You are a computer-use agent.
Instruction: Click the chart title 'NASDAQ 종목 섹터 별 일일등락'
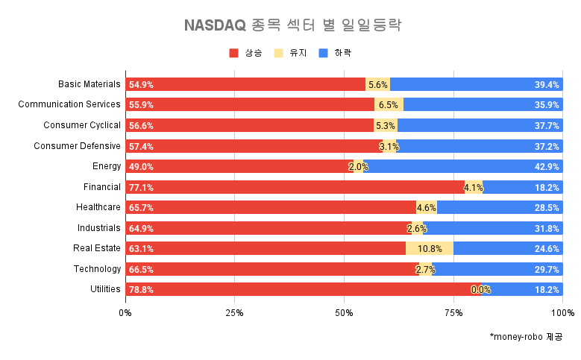pos(292,25)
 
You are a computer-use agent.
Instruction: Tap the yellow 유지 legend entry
pos(289,53)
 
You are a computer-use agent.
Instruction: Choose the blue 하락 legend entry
pos(333,53)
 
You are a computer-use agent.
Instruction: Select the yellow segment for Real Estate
pos(430,248)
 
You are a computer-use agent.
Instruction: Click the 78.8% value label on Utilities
pos(141,290)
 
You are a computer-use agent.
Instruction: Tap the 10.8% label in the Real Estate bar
pos(430,249)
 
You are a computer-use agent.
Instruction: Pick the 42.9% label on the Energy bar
pos(547,167)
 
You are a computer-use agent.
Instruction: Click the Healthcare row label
pos(98,207)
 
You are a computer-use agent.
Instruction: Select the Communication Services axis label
pos(69,104)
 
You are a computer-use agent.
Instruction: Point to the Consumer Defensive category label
pos(77,145)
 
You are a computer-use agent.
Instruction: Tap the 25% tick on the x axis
pos(234,312)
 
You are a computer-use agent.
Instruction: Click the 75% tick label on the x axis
pos(453,312)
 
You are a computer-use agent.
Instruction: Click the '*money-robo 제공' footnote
pos(526,337)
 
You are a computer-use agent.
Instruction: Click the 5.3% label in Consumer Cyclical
pos(386,125)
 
